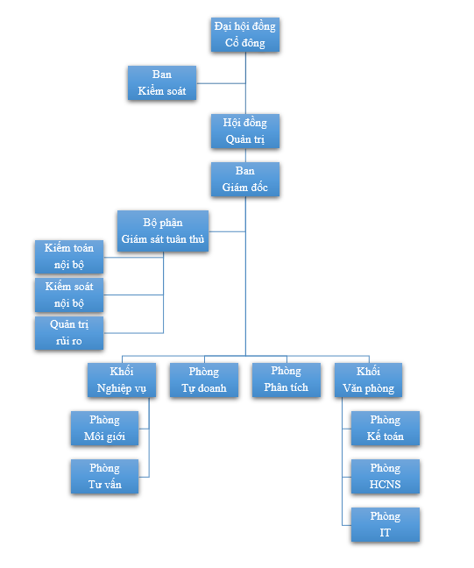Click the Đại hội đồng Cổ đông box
245,34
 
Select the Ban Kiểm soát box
162,82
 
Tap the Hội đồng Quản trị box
245,131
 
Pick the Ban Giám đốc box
245,179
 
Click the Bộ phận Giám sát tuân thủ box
163,231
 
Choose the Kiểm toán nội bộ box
69,257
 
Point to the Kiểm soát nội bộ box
69,295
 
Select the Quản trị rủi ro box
69,333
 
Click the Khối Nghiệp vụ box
122,380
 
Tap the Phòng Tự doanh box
204,380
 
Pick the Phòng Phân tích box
287,380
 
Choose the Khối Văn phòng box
368,380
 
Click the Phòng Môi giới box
104,428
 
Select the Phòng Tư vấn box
104,476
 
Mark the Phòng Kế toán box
386,428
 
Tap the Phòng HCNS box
386,476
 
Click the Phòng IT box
386,524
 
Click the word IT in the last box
385,533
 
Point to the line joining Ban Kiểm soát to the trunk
221,83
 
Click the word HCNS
385,485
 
